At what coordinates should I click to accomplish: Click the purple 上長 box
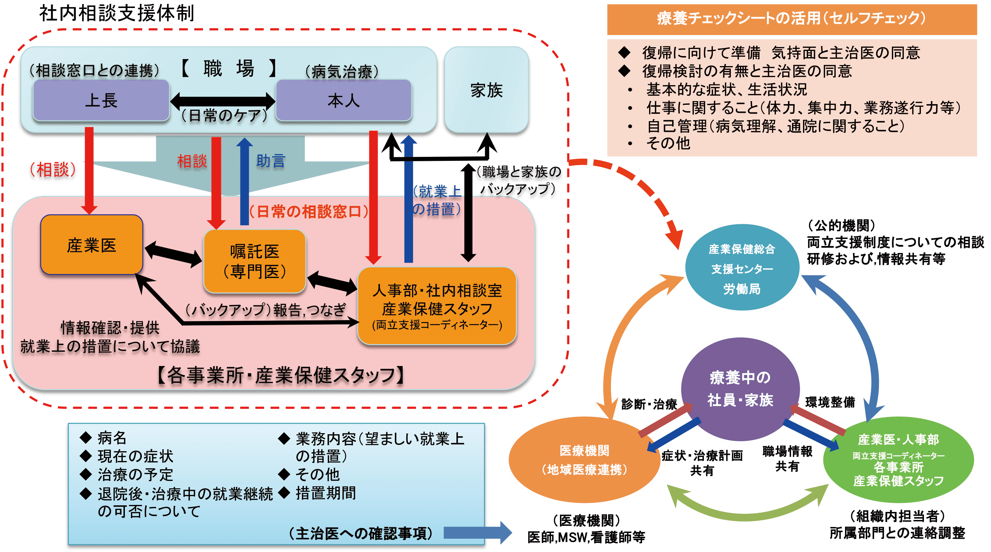(x=101, y=101)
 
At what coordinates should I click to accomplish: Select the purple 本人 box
(x=344, y=101)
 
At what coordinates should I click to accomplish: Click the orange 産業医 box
(x=91, y=245)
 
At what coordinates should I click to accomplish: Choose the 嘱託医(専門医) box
(x=254, y=261)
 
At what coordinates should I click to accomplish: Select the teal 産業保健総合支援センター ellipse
(x=742, y=268)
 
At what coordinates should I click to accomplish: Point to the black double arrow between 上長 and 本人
(x=223, y=101)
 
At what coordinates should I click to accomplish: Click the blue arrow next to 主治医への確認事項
(x=477, y=532)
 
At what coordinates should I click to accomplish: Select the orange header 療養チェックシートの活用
(x=792, y=18)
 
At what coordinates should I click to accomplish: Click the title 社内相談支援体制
(x=117, y=13)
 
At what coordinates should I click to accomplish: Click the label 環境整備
(x=830, y=402)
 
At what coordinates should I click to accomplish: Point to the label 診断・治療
(x=649, y=404)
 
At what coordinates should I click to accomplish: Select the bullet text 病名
(x=112, y=438)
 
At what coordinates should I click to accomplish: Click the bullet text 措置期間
(x=326, y=493)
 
